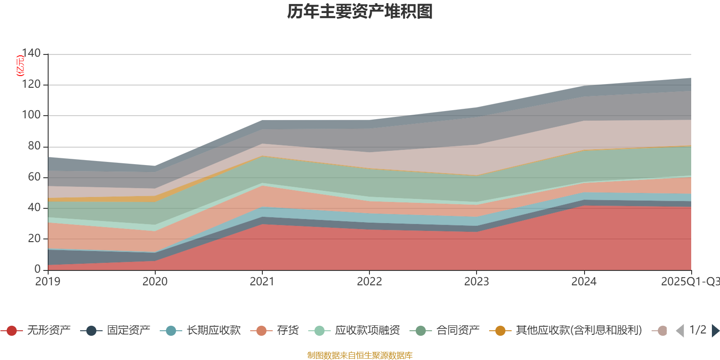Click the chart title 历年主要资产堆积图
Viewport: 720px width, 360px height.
click(x=360, y=12)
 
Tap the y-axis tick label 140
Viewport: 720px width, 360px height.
click(x=31, y=54)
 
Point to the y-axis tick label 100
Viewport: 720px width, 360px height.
click(x=31, y=115)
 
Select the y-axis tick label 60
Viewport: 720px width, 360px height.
click(x=34, y=177)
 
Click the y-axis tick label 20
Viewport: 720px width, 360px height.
click(x=34, y=238)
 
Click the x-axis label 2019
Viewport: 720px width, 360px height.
click(x=48, y=282)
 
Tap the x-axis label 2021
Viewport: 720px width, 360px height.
click(x=262, y=282)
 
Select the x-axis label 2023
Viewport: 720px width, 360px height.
click(x=477, y=282)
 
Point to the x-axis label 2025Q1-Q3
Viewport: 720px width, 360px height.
click(x=690, y=282)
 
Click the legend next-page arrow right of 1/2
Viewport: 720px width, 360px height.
click(x=715, y=331)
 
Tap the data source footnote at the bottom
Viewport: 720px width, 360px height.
click(x=360, y=355)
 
